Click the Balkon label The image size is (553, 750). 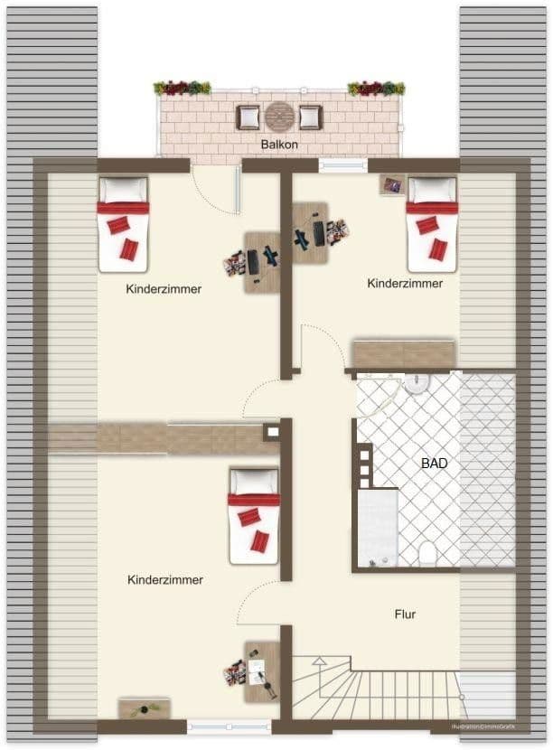coord(279,145)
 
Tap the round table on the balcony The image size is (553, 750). coord(279,117)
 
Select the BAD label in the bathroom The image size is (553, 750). coord(435,463)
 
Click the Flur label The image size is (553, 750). coord(405,614)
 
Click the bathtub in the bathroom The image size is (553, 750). coord(378,529)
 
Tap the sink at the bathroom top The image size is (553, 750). coord(417,384)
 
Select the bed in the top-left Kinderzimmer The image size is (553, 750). coord(123,224)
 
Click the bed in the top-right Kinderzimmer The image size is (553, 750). coord(432,224)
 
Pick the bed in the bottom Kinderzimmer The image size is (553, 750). coord(254,515)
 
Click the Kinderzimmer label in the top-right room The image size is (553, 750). coord(405,283)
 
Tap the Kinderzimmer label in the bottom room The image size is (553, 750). coord(165,580)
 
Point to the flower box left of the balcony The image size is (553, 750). coord(182,89)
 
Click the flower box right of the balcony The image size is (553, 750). coord(376,89)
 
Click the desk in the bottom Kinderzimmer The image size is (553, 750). coord(262,671)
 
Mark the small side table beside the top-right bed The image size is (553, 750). coord(392,184)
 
